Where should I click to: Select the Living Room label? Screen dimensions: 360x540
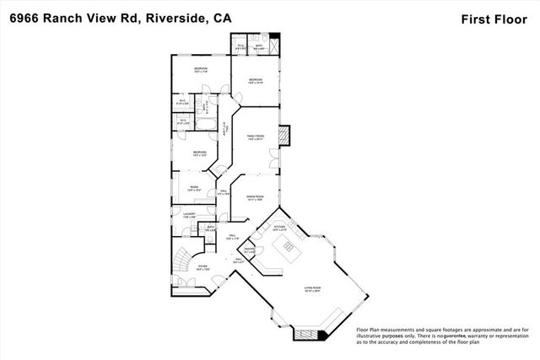(314, 288)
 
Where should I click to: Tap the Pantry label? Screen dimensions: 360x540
(250, 250)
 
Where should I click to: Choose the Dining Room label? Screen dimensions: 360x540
(256, 197)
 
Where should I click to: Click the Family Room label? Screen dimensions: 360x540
(256, 137)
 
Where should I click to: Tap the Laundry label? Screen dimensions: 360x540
(189, 215)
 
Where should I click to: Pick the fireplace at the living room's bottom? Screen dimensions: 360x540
(306, 335)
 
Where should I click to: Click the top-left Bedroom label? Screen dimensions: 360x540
(201, 69)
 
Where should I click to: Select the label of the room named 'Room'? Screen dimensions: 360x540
(193, 187)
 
